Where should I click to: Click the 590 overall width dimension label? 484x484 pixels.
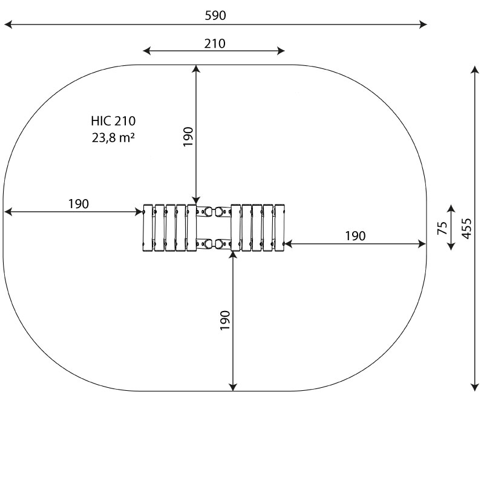coord(215,16)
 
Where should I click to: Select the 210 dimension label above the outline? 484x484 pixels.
coord(215,44)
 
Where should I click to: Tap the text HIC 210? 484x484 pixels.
coord(113,120)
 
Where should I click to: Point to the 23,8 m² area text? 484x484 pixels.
coord(113,137)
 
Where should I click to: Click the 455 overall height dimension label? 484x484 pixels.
coord(466,229)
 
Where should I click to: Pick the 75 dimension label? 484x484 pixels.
coord(442,228)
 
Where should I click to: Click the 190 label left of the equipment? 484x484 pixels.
coord(79,204)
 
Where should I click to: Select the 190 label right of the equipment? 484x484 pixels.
coord(355,236)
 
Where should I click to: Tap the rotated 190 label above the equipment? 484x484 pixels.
coord(188,137)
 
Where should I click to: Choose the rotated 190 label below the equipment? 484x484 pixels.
coord(225,321)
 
